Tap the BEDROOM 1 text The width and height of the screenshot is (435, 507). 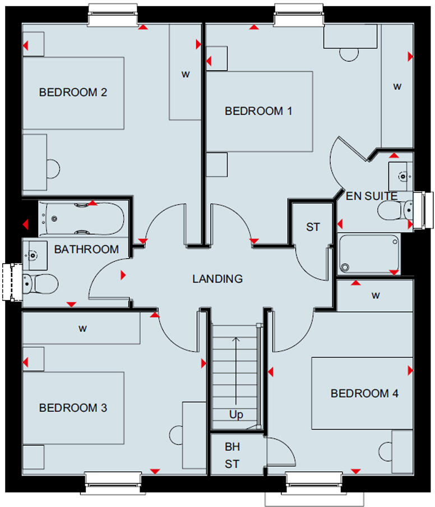(x=258, y=111)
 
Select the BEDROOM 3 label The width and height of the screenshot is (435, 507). (x=73, y=408)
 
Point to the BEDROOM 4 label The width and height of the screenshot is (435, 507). (x=364, y=394)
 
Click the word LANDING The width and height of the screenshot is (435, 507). (x=217, y=279)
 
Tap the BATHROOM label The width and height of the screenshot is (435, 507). (x=86, y=249)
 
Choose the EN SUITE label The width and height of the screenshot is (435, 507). (x=372, y=196)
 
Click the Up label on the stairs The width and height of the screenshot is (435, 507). (x=237, y=415)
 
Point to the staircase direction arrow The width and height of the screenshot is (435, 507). (x=237, y=370)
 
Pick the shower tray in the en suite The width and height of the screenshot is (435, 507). (x=370, y=253)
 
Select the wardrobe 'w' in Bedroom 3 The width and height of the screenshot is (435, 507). (x=82, y=329)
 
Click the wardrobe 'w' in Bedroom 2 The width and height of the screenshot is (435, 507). (x=184, y=73)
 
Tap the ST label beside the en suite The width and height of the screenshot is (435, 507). (x=313, y=227)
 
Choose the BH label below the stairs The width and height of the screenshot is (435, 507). (x=232, y=447)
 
